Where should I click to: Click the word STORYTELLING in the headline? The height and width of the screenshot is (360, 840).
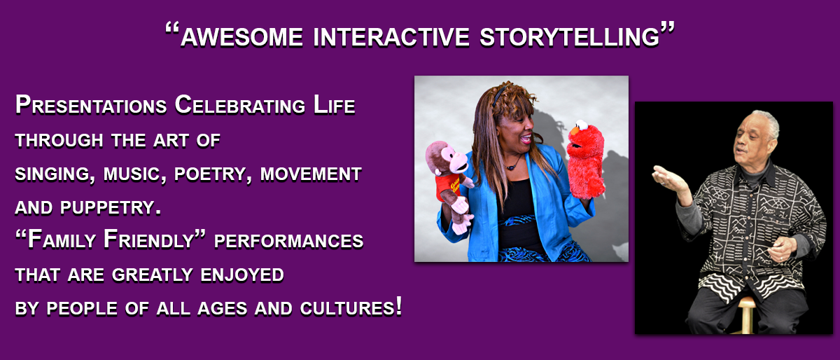569,38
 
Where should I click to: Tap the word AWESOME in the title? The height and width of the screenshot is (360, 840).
241,38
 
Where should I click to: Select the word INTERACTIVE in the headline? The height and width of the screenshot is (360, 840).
391,38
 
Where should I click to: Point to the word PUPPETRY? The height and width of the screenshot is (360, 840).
111,207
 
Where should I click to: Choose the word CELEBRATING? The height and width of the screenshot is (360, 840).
240,105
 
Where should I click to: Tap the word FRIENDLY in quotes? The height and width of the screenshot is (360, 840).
148,240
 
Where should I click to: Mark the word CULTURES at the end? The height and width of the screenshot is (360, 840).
347,308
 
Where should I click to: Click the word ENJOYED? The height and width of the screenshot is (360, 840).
242,275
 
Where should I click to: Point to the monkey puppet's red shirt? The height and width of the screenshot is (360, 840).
448,186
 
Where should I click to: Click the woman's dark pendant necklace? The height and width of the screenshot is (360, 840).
511,167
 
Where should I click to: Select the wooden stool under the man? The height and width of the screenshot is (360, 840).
747,314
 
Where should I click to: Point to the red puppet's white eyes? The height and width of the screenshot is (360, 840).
582,124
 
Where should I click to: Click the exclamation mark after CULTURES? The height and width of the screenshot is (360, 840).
398,305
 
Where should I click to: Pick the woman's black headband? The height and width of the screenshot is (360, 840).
498,96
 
